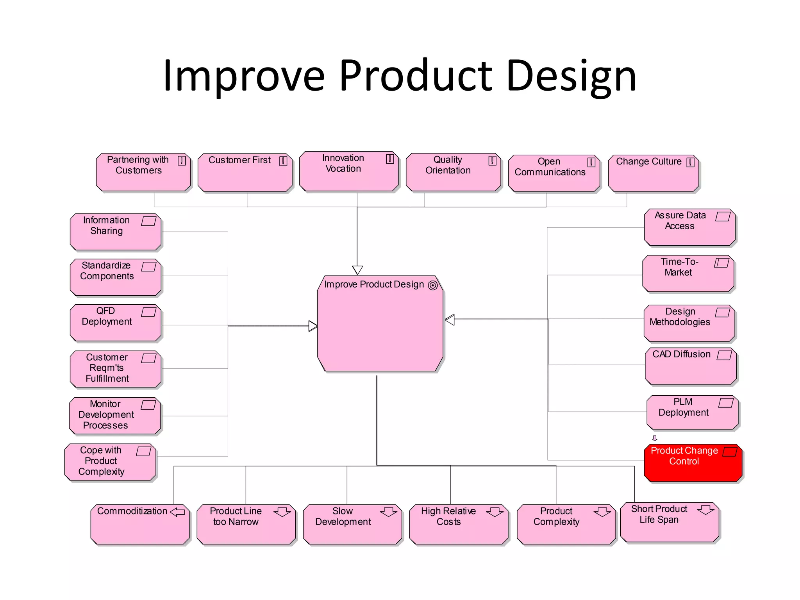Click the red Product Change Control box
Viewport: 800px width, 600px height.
(x=693, y=463)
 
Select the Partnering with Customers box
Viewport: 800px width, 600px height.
(x=143, y=172)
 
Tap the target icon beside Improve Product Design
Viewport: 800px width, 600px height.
(x=432, y=286)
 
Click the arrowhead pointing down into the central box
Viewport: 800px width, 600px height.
(x=357, y=270)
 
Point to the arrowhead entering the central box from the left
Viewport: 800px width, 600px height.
(x=313, y=326)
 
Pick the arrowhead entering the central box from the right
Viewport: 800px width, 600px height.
(x=450, y=320)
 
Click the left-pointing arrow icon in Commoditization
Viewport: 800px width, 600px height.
(x=178, y=512)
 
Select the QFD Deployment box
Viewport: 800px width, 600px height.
(x=116, y=323)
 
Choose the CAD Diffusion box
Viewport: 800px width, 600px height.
(x=691, y=366)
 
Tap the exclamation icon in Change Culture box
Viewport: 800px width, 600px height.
(x=690, y=162)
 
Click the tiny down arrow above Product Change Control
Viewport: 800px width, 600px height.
(x=655, y=438)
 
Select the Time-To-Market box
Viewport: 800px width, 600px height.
(x=688, y=273)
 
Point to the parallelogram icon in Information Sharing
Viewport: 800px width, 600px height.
(x=148, y=221)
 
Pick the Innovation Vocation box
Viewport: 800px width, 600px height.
(x=349, y=171)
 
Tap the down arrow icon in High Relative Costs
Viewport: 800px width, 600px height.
(x=495, y=512)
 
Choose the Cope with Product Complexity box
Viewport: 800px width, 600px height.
(x=110, y=462)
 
